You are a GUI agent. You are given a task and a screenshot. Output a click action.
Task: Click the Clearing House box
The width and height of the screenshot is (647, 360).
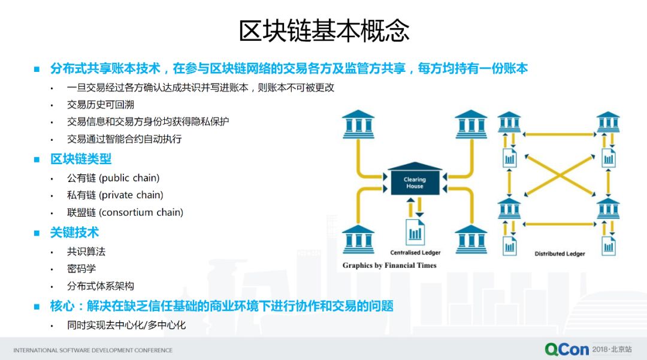[415, 182]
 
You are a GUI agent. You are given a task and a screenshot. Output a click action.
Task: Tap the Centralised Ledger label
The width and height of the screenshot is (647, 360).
[415, 253]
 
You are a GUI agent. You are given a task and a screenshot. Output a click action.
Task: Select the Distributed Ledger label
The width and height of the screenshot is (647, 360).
[560, 254]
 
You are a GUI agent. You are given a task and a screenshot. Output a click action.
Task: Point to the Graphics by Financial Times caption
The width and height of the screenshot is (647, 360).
[389, 265]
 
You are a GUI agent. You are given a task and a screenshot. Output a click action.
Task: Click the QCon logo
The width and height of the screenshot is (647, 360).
[566, 349]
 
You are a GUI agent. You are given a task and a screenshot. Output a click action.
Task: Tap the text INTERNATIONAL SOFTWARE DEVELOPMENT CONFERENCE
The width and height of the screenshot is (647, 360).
[93, 350]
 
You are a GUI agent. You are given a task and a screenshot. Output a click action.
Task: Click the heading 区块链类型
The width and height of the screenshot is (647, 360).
[81, 159]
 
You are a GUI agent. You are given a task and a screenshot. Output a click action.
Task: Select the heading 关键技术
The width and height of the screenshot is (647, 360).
[74, 233]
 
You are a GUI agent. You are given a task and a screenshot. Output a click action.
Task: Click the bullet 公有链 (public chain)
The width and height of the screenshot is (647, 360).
[113, 178]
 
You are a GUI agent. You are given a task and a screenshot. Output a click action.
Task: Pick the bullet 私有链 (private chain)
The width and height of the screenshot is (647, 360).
[115, 195]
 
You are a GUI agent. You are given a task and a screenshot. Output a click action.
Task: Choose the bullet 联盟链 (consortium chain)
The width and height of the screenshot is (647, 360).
[125, 213]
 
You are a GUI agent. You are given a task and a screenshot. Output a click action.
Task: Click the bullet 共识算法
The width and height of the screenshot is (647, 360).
[86, 252]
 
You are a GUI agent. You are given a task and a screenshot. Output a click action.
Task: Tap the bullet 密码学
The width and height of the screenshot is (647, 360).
[81, 269]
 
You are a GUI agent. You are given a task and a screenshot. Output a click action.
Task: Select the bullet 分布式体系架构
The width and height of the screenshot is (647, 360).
[100, 286]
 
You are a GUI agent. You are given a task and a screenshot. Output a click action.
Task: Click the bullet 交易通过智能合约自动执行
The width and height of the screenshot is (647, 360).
[124, 139]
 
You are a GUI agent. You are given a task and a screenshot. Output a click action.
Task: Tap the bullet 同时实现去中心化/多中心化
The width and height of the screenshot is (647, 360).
[126, 325]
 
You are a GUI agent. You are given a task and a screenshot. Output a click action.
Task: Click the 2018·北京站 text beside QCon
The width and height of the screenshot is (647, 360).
[611, 349]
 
